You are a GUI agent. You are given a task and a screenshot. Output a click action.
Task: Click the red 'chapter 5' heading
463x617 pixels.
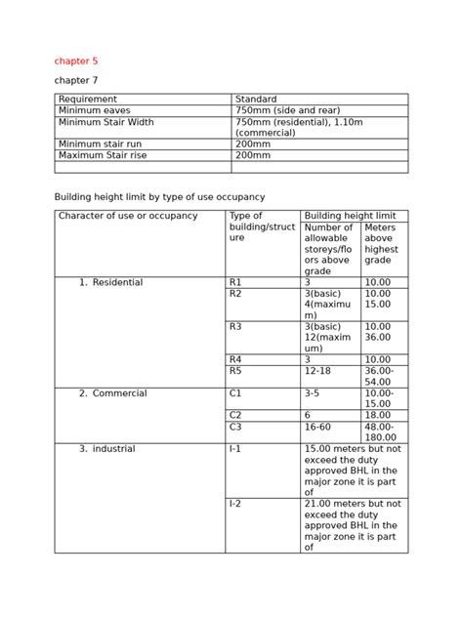(75, 61)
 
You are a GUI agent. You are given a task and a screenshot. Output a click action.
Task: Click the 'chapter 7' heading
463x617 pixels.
(75, 80)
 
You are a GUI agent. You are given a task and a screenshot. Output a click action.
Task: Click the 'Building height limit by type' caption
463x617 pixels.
(159, 196)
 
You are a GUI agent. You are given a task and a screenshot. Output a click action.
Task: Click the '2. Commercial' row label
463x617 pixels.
(113, 393)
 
